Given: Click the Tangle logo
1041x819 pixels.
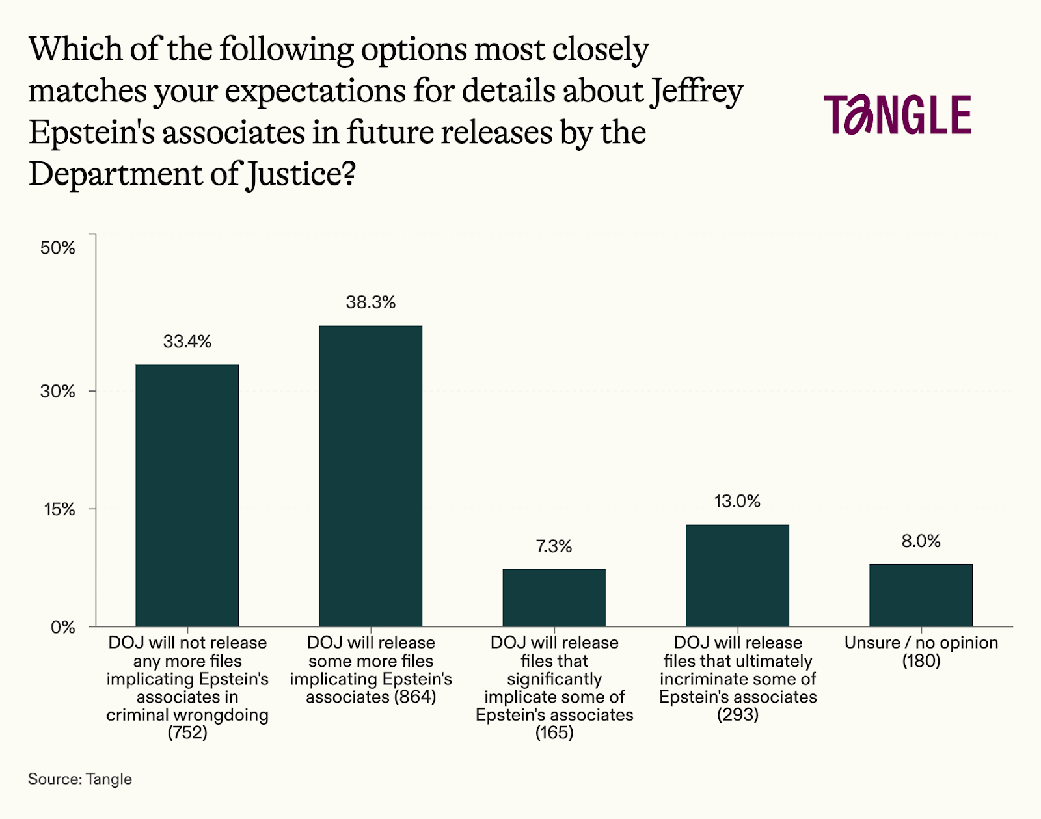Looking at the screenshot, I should tap(898, 115).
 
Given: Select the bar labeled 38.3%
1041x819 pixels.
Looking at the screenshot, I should tap(370, 476).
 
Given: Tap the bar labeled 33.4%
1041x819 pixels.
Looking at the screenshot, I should tap(187, 495).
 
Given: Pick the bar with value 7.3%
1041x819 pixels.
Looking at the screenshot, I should tap(554, 597).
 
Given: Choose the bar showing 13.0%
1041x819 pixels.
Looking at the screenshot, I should tap(737, 575).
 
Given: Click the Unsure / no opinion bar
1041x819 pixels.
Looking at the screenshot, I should tap(921, 595).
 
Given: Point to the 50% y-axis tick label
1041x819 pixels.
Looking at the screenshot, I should tap(58, 248).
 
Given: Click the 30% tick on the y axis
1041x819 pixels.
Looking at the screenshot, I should tap(58, 392).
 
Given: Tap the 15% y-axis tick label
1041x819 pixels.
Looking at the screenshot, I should tap(59, 509).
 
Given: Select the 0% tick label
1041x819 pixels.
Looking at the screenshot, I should tap(63, 627).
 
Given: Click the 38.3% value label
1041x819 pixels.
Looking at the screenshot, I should tap(370, 302).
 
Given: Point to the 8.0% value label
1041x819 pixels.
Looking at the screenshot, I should tap(921, 541).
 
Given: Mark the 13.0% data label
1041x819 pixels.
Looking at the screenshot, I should tap(737, 502).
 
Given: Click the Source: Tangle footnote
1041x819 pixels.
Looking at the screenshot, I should tap(79, 779).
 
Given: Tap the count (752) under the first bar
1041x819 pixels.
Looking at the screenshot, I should tap(187, 733).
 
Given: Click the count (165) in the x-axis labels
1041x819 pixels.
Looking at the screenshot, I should tap(554, 733).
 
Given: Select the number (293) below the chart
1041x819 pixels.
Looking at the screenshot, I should tap(738, 715).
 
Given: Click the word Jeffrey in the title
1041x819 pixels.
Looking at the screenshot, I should tap(697, 92).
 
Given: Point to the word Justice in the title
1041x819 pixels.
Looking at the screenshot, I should tap(295, 175).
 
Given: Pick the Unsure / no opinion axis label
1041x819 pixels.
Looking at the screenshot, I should tap(921, 643).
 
